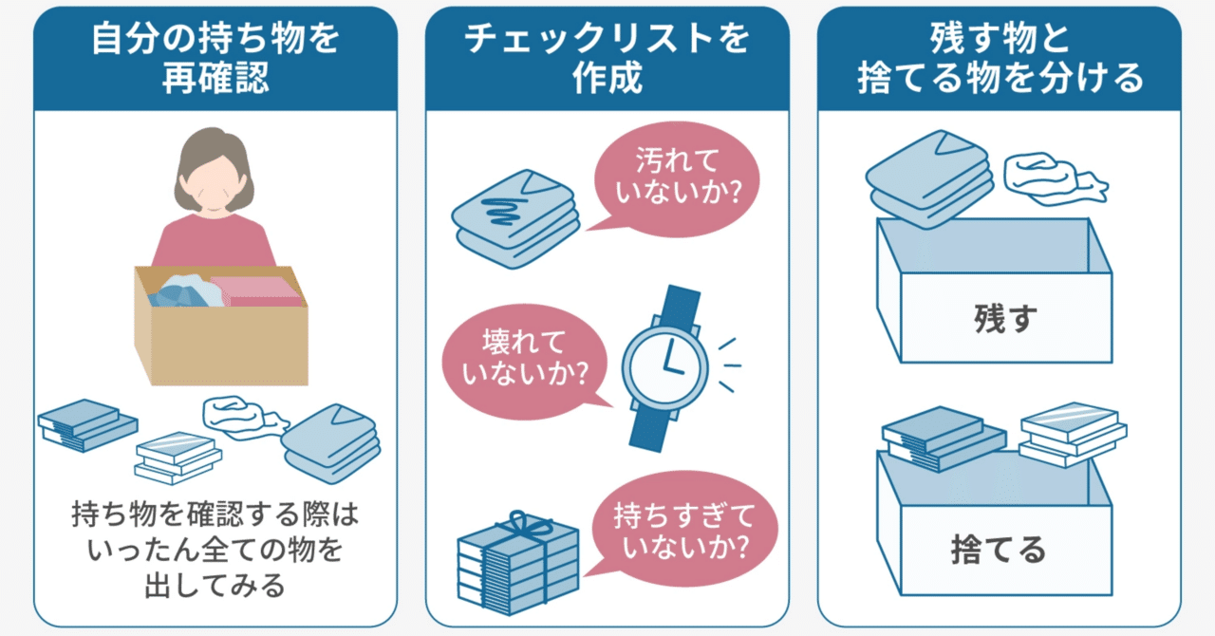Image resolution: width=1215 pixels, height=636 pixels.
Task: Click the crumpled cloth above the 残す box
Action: click(1051, 177)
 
